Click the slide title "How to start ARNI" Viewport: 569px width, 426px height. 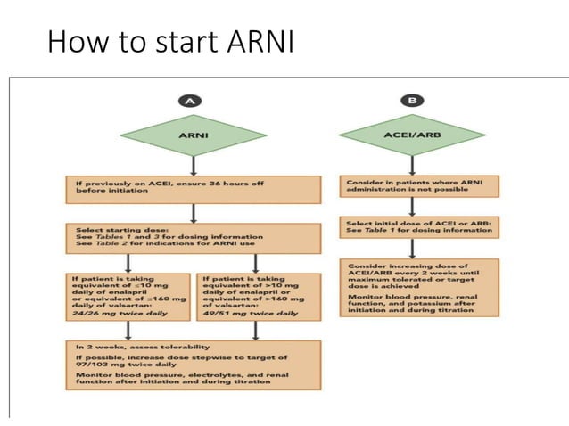click(169, 42)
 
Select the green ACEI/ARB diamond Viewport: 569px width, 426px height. click(411, 137)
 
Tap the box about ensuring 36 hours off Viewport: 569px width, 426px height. click(194, 189)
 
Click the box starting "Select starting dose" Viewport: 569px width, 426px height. click(194, 238)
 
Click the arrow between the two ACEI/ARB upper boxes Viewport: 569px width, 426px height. click(411, 207)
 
